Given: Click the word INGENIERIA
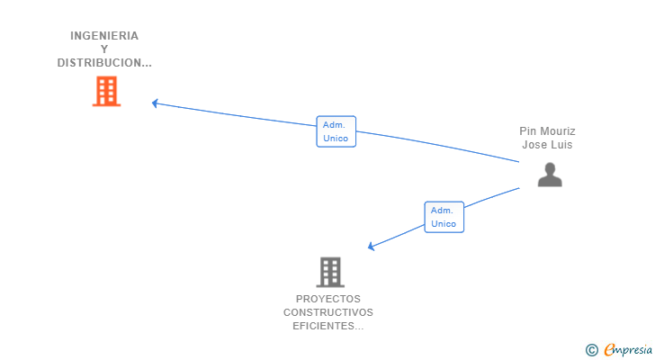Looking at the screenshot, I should [x=104, y=36].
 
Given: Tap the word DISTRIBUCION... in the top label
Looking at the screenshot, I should [x=104, y=63].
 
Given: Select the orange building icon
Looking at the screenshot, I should [x=106, y=91].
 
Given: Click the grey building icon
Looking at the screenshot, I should [x=330, y=271].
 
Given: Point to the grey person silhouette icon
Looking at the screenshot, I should [x=550, y=175].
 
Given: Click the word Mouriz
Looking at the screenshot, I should [x=558, y=131].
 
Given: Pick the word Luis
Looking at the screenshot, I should [x=562, y=145].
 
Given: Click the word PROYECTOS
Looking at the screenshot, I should [x=328, y=299].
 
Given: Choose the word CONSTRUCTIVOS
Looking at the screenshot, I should [x=328, y=312].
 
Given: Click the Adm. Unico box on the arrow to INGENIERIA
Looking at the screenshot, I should [x=336, y=131].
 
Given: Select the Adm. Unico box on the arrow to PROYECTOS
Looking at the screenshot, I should [x=444, y=217].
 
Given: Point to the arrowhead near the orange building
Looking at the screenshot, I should [x=156, y=103].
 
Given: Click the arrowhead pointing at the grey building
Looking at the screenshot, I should [x=372, y=247].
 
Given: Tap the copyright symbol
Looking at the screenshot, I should [x=591, y=350].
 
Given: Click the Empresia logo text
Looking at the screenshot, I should [x=627, y=350].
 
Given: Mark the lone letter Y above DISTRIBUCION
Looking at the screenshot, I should [x=104, y=49].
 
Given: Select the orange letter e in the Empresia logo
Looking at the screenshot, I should [x=609, y=350].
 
